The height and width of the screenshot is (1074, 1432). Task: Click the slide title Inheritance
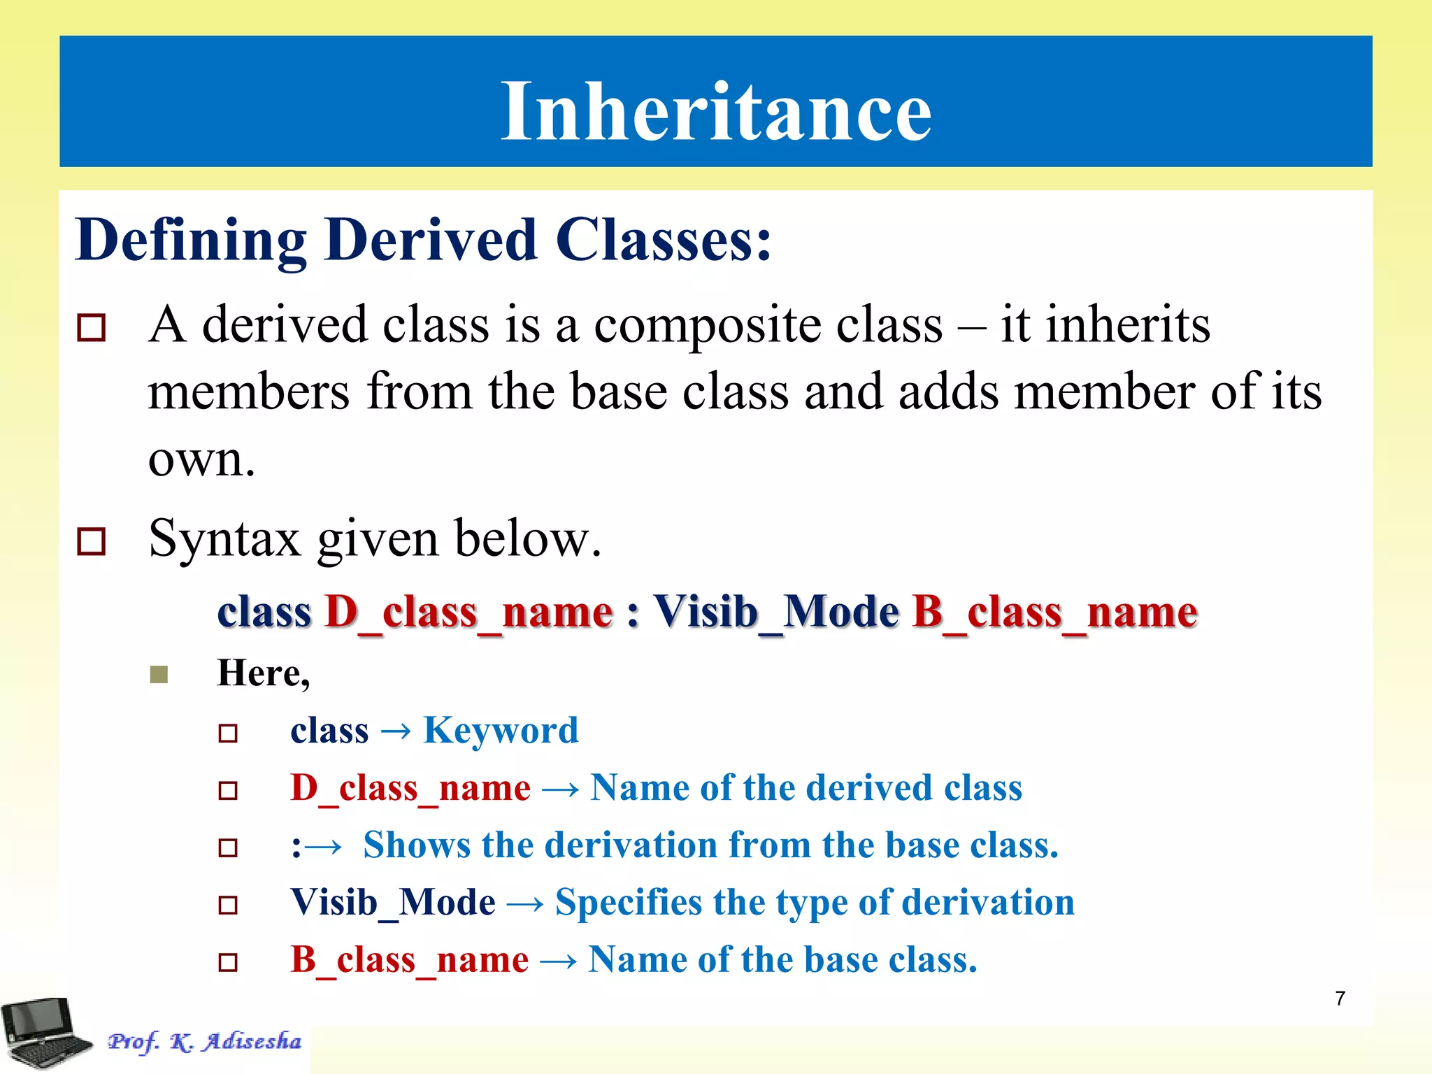coord(716,110)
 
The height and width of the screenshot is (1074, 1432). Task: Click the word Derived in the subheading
coord(431,240)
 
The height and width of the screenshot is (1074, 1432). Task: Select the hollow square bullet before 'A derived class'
coord(92,327)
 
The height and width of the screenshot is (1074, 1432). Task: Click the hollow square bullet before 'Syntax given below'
coord(92,541)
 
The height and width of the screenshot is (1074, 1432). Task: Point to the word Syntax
coord(224,540)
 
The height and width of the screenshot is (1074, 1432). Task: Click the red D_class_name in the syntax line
coord(469,613)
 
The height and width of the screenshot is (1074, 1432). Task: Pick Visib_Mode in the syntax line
coord(776,613)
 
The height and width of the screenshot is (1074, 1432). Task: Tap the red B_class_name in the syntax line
coord(1054,613)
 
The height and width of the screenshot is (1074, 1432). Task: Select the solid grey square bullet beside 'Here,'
coord(159,674)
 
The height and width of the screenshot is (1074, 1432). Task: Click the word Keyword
coord(501,731)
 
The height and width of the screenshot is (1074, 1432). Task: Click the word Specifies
coord(629,903)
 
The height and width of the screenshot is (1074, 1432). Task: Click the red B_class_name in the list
coord(409,960)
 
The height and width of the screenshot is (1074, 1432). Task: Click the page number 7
coord(1340,998)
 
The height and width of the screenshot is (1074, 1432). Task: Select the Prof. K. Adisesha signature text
coord(204,1042)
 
